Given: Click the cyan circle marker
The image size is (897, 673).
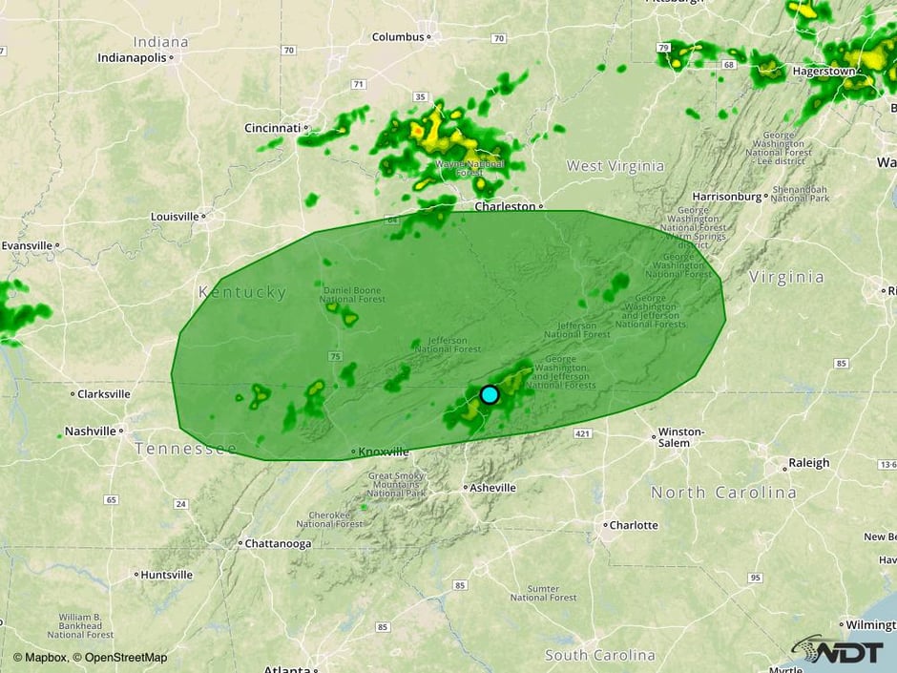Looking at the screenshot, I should coord(490,394).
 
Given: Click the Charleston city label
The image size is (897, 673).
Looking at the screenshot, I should coord(506,206).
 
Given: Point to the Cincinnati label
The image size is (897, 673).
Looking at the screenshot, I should coord(273,128).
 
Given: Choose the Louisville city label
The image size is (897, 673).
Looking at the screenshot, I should coord(175,217).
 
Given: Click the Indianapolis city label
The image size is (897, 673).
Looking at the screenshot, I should coord(132,57).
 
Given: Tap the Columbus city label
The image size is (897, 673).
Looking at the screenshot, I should coord(398,37).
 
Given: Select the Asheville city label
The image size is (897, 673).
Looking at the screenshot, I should coord(494,488).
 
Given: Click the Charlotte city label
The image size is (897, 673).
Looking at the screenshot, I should coord(634,525).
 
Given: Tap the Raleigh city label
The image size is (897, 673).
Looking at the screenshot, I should coord(808,463).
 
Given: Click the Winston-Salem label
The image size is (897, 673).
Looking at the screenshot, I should coord(681,436).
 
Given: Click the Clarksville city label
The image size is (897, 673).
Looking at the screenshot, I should coord(103,393).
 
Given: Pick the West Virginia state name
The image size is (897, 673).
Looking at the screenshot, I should coord(615,166).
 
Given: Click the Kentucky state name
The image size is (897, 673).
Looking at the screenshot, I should coord(241,292).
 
